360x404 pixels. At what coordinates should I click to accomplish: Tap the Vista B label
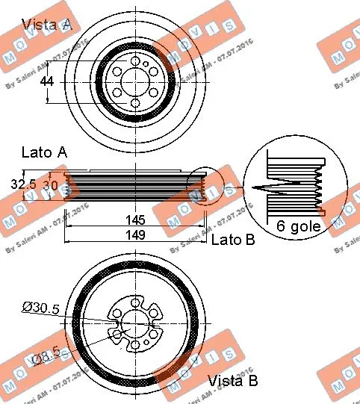click(x=234, y=381)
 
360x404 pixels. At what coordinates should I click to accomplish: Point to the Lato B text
click(x=233, y=240)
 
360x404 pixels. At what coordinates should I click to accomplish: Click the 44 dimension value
click(x=47, y=81)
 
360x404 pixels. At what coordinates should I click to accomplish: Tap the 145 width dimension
click(x=136, y=221)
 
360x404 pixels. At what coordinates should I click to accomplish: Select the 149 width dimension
click(x=136, y=235)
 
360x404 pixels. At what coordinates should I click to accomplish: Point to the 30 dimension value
click(x=49, y=183)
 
